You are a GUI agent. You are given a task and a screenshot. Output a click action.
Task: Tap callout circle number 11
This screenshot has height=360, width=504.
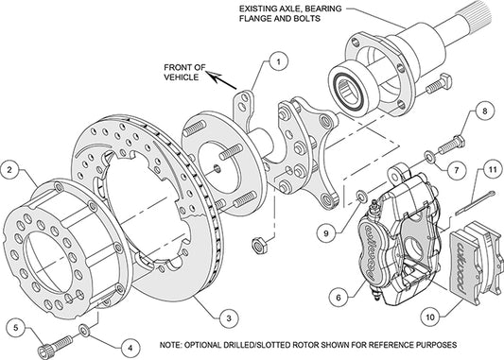tap(493, 170)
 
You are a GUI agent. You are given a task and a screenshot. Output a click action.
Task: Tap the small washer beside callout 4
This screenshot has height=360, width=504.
tap(86, 330)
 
